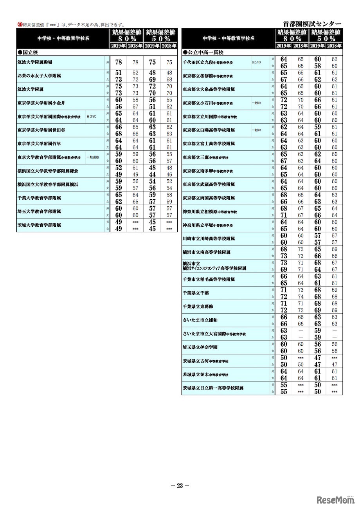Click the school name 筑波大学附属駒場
click(x=35, y=62)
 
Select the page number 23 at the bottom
click(x=180, y=486)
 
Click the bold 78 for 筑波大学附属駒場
click(x=119, y=62)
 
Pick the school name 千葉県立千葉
click(x=196, y=293)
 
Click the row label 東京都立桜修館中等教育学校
click(x=207, y=76)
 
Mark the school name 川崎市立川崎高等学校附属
click(x=209, y=238)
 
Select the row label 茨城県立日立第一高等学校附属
click(x=213, y=388)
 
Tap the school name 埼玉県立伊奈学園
click(x=200, y=347)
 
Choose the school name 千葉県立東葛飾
click(x=198, y=307)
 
